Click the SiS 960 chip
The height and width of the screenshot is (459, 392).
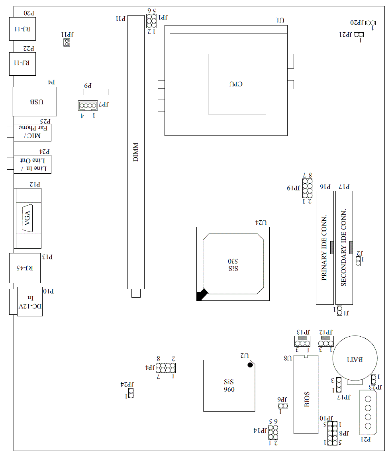point(229,385)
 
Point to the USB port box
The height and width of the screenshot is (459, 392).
point(35,101)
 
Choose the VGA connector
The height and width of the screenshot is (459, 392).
point(28,218)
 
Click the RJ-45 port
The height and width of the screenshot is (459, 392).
point(25,268)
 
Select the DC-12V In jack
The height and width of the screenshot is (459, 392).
point(29,301)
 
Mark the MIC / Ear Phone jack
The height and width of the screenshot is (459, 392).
point(33,132)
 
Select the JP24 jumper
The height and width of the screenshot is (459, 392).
point(130,393)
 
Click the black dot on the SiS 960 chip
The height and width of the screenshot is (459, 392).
point(250,365)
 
